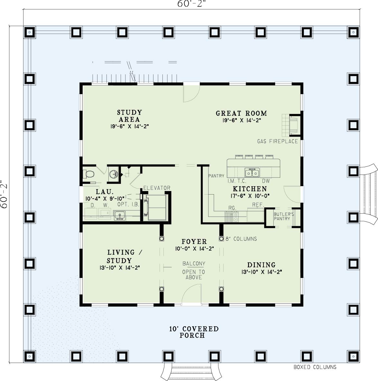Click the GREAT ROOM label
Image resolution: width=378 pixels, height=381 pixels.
(x=241, y=113)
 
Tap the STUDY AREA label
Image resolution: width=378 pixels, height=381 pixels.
(x=129, y=116)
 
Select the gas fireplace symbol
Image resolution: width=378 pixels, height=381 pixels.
(x=291, y=125)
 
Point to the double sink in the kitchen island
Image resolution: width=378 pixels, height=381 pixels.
(x=252, y=173)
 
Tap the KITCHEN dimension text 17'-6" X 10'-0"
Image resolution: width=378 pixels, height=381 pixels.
(x=250, y=195)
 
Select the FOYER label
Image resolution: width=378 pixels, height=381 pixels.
(x=194, y=242)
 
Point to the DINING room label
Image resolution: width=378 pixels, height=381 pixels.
(x=262, y=265)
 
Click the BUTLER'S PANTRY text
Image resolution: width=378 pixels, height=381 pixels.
(x=283, y=216)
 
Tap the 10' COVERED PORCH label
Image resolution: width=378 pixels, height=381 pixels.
(x=193, y=332)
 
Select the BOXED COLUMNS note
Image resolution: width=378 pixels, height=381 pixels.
(x=315, y=367)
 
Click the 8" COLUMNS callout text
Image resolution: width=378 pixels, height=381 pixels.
(x=241, y=239)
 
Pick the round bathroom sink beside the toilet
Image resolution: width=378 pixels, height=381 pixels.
(x=114, y=174)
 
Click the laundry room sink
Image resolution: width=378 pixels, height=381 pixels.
(x=120, y=215)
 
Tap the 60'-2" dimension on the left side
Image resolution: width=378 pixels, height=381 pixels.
(x=5, y=194)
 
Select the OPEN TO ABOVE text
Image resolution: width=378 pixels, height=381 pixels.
(x=193, y=275)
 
